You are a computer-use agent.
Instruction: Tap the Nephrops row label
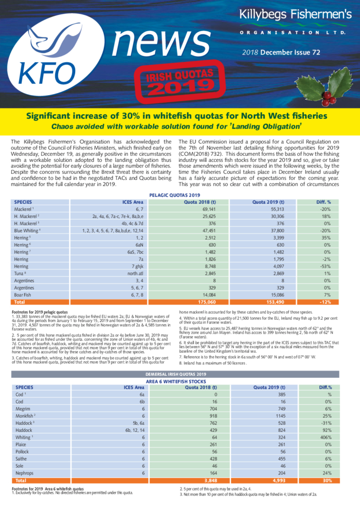click(x=26, y=472)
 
